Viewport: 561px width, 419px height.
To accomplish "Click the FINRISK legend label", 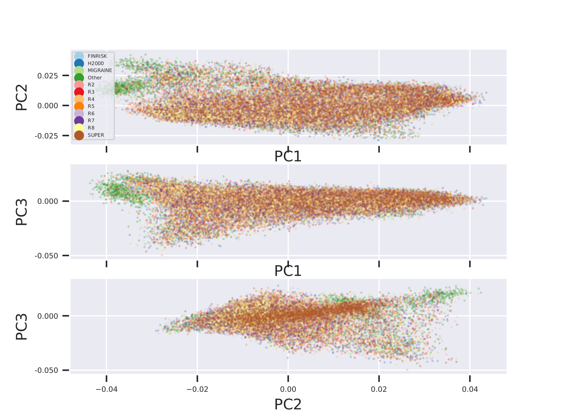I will tap(97, 56).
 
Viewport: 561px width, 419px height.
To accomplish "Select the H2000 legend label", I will tap(95, 63).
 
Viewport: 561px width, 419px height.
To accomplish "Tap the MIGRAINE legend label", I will tap(100, 70).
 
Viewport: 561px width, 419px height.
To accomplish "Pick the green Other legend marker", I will tap(79, 78).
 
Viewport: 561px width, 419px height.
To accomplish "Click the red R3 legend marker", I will tap(79, 92).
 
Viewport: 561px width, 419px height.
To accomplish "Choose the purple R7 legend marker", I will tap(79, 121).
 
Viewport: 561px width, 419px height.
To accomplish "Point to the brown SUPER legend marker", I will tap(79, 135).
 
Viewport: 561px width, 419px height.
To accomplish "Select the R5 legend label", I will tap(91, 106).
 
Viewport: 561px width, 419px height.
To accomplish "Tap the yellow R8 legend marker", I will tap(79, 128).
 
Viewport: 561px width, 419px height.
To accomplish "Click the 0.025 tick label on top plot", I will tap(48, 76).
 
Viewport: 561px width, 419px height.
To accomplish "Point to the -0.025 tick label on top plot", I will tap(46, 136).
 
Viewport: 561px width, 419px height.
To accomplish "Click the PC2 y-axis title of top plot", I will tap(22, 97).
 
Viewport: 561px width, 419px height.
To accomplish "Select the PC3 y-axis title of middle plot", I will tap(22, 212).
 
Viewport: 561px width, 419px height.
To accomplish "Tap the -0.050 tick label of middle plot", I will tap(46, 256).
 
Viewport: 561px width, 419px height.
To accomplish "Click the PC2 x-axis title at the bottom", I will tap(288, 404).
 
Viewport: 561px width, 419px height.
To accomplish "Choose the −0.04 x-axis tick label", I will tap(106, 389).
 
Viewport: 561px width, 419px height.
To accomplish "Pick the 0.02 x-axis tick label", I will tap(379, 389).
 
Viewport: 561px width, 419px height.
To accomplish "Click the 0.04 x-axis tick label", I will tap(470, 389).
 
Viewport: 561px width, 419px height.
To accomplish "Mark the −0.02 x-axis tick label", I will tap(197, 389).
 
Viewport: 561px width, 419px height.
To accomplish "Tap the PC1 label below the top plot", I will tap(288, 156).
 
